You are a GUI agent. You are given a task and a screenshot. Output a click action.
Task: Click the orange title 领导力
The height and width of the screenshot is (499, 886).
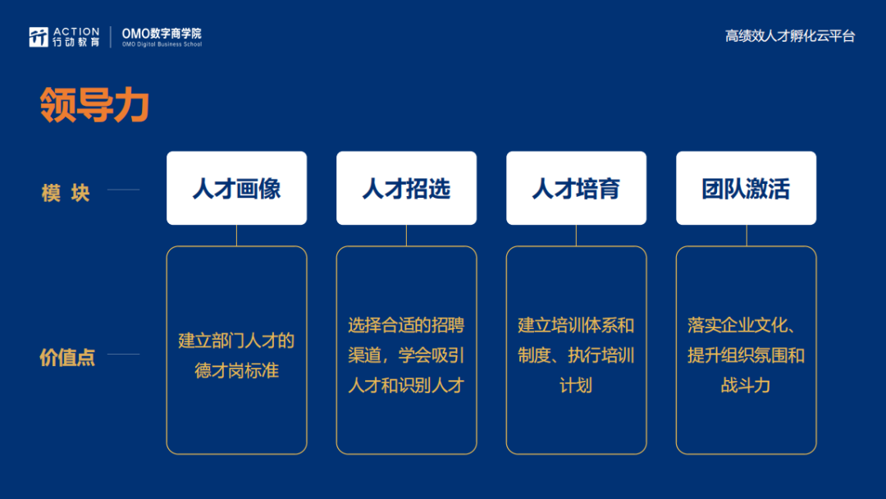tap(94, 105)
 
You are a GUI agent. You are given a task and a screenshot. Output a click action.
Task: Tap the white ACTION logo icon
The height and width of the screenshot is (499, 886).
tap(39, 37)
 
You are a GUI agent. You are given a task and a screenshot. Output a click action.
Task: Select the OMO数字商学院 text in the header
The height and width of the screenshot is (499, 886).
tap(162, 34)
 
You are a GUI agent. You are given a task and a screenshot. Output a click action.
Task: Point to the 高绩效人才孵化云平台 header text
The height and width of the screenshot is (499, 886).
tap(790, 36)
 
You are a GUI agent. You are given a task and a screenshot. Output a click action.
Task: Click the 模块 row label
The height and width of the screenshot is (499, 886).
tap(66, 193)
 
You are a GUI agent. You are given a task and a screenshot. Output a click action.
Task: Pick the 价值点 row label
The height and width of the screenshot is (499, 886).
tap(66, 357)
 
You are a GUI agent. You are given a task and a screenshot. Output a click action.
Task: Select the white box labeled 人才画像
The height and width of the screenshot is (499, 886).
tap(237, 188)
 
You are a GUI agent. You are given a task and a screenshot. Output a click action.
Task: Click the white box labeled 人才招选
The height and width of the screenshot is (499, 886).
tap(406, 188)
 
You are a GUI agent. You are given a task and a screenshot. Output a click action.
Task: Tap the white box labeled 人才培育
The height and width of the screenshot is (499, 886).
tap(577, 188)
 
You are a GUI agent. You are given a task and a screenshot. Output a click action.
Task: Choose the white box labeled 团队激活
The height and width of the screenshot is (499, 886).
tap(746, 188)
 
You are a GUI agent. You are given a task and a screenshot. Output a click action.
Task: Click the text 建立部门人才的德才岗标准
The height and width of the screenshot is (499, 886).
tap(237, 355)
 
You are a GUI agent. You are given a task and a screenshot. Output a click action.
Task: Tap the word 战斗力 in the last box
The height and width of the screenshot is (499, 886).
tap(746, 386)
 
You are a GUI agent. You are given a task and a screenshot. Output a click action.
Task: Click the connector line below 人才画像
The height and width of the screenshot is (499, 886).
tap(237, 236)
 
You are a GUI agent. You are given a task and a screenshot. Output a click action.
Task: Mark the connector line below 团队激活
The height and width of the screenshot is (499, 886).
tap(747, 236)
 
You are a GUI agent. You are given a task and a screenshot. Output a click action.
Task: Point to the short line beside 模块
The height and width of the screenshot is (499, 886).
tap(123, 190)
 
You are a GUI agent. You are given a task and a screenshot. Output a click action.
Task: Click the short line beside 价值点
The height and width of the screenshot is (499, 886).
tap(123, 355)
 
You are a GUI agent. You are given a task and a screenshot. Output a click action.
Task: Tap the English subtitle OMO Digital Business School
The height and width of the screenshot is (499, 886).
tap(162, 44)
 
